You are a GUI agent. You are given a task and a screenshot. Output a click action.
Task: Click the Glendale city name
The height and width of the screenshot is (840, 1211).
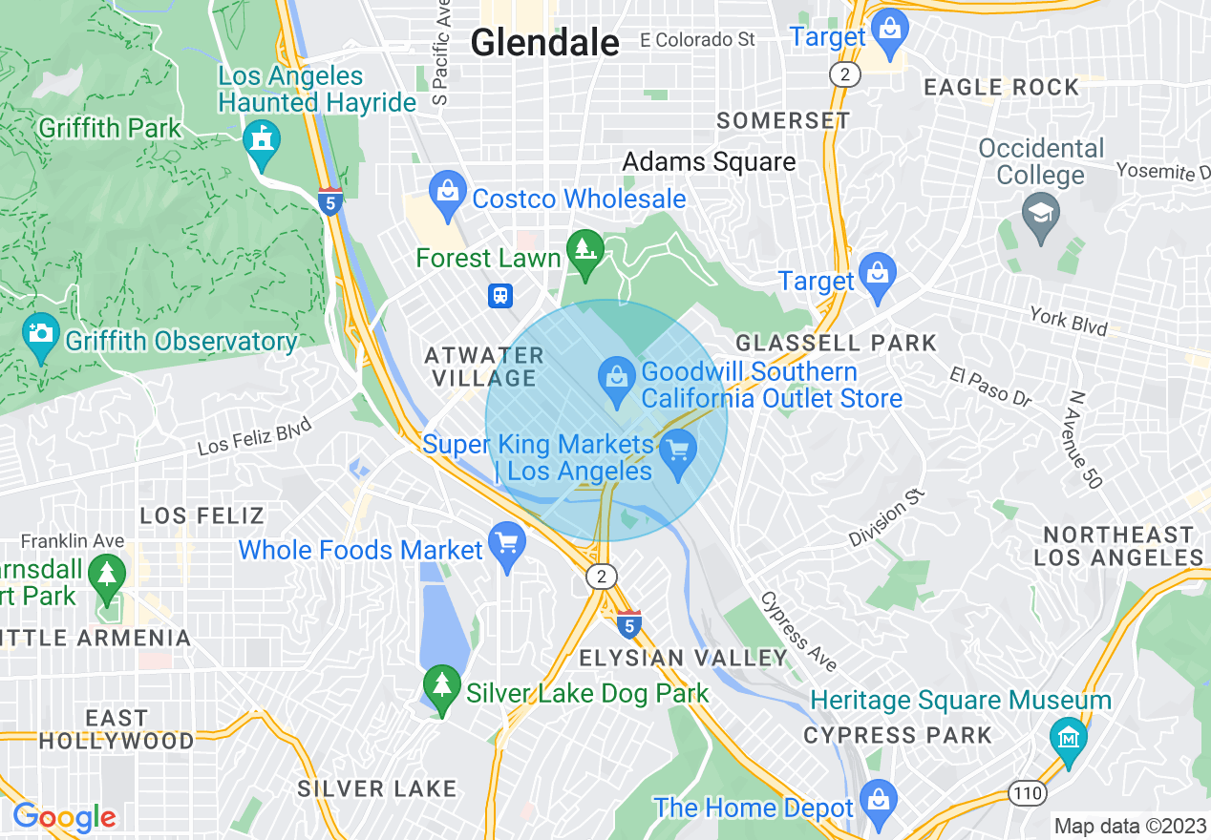(545, 42)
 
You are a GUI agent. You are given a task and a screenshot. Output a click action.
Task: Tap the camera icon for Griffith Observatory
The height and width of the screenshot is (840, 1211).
(40, 334)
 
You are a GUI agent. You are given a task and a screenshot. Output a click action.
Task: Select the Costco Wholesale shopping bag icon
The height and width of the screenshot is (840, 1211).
(447, 192)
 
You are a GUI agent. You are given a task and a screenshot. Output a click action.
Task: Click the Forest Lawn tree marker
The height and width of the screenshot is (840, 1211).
(584, 252)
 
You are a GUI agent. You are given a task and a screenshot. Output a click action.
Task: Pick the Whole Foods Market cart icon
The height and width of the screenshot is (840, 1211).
(506, 544)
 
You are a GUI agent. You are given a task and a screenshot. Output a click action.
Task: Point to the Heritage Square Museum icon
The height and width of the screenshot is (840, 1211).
(1067, 738)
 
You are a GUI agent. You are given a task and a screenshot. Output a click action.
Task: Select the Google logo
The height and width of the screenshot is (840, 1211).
(64, 817)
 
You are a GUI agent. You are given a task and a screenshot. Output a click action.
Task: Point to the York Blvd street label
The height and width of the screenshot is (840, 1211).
(1068, 321)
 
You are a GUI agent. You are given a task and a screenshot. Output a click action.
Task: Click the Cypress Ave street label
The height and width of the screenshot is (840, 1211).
(798, 631)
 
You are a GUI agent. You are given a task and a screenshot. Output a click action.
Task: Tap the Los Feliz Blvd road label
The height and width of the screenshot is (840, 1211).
(255, 438)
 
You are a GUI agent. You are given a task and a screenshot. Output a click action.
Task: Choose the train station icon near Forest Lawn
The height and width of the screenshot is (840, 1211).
(500, 296)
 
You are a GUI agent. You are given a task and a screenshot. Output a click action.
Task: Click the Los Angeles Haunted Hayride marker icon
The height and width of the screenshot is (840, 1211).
(260, 140)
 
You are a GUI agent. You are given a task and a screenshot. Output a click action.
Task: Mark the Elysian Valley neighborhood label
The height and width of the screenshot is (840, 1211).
(684, 658)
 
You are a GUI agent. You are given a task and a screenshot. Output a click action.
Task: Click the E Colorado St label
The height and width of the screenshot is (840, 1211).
(697, 39)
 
